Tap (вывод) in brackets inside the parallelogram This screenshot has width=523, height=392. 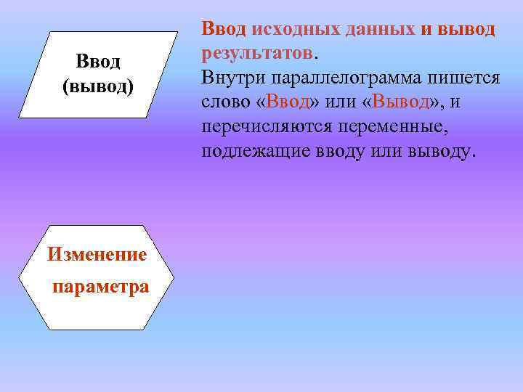pos(98,86)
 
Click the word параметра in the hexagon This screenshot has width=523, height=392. pos(100,286)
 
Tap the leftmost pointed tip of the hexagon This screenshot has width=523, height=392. pos(20,278)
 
